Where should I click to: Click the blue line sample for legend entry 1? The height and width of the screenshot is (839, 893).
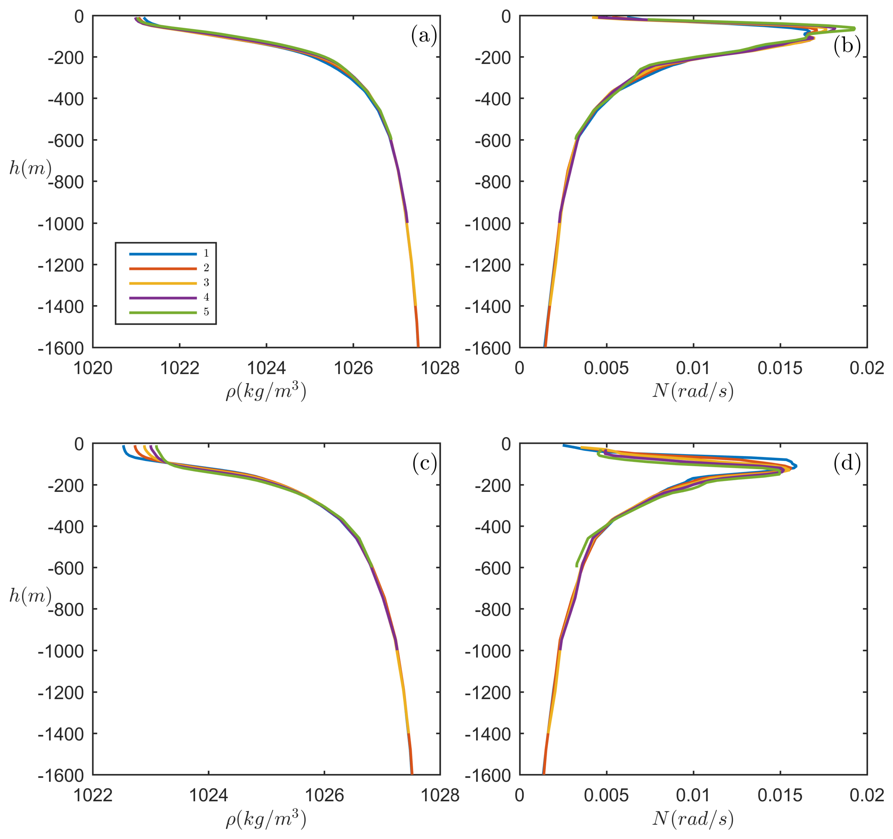pyautogui.click(x=163, y=254)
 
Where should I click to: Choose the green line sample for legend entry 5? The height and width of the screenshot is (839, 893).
pyautogui.click(x=163, y=312)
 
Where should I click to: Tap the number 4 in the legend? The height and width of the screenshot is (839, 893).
pyautogui.click(x=206, y=297)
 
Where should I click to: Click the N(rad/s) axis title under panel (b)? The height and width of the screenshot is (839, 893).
pyautogui.click(x=693, y=391)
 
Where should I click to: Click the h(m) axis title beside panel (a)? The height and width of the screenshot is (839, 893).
pyautogui.click(x=30, y=168)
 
